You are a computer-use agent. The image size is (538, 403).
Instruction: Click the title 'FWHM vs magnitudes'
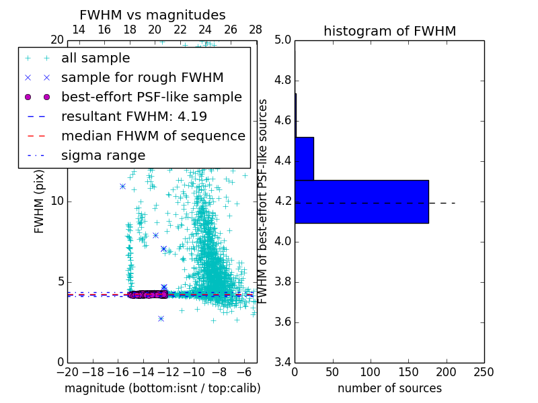point(152,15)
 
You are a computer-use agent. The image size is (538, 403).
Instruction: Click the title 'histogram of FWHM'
point(389,31)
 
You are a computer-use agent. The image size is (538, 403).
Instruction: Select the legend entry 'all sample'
point(95,58)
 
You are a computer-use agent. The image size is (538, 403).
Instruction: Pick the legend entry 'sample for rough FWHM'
point(142,77)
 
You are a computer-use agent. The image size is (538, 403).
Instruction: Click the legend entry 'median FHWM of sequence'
point(153,136)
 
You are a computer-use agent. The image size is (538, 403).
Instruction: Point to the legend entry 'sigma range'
point(103,155)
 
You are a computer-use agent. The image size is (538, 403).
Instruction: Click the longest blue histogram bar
point(361,201)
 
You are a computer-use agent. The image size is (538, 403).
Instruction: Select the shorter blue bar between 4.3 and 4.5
point(304,159)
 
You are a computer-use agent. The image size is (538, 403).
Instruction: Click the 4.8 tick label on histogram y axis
point(282,81)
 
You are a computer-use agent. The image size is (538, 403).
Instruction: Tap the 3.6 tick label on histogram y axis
point(282,322)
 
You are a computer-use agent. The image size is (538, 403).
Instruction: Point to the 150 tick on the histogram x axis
point(408,371)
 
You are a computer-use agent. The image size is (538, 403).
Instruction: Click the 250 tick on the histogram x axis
point(484,371)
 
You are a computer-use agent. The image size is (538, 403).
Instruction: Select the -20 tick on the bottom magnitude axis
point(67,371)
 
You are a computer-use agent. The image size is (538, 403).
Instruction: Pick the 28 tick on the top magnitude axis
point(256,30)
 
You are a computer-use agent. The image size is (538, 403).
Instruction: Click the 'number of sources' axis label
point(389,388)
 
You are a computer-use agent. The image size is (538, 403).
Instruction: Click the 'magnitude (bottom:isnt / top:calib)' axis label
point(162,388)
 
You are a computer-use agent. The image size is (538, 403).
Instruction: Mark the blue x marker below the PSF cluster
point(161,318)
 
